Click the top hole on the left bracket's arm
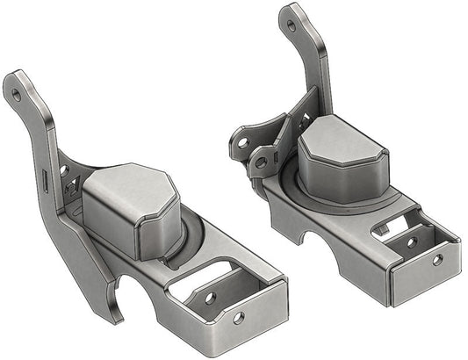[x=17, y=89]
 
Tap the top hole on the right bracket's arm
[x=292, y=25]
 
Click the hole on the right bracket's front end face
[x=436, y=260]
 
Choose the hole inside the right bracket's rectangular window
[x=409, y=241]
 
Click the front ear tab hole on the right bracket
[x=260, y=160]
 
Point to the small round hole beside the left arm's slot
[x=63, y=169]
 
